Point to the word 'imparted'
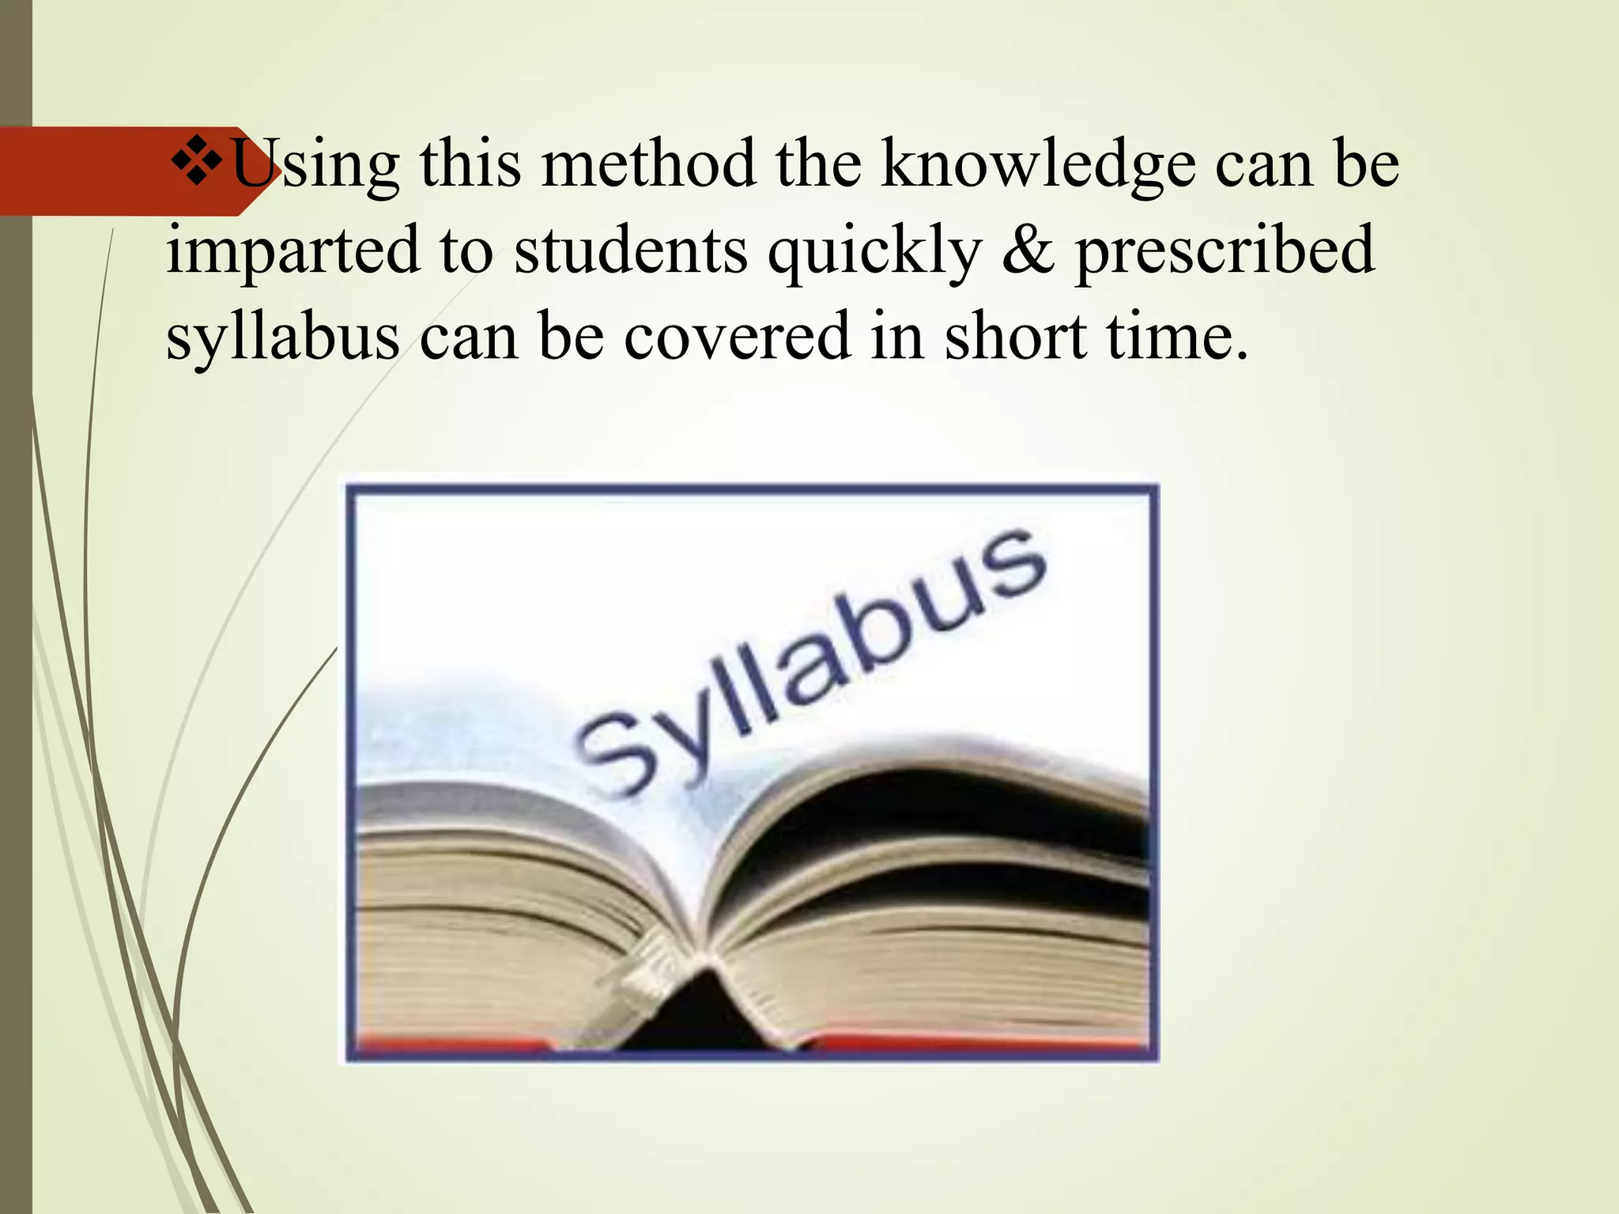point(292,251)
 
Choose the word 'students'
point(631,251)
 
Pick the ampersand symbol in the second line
point(1028,250)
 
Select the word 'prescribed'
point(1225,251)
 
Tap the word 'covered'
point(737,337)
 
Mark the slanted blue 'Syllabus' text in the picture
point(810,664)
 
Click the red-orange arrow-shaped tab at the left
point(119,171)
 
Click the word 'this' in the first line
point(470,164)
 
